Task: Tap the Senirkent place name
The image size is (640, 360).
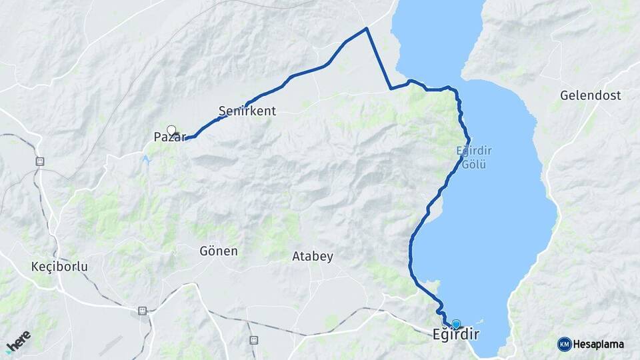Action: point(247,111)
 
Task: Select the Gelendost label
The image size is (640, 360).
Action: point(590,95)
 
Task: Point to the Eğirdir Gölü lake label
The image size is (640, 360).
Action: point(473,157)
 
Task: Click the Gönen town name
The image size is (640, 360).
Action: point(218,251)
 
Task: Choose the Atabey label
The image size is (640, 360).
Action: point(312,256)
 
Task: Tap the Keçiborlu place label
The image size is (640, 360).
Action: point(59,267)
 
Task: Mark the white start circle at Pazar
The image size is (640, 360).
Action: point(171,130)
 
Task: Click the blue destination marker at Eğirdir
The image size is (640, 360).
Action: point(456,325)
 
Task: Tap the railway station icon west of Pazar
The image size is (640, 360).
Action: point(39,161)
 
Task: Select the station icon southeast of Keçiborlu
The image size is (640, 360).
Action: point(142,311)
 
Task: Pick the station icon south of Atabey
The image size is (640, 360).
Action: point(253,340)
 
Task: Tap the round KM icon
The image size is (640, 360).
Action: point(564,344)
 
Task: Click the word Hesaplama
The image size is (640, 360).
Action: point(599,344)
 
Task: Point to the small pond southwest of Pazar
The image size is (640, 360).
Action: point(145,159)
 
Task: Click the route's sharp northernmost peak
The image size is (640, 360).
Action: point(367,28)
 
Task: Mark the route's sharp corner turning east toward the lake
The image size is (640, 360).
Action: point(391,88)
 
